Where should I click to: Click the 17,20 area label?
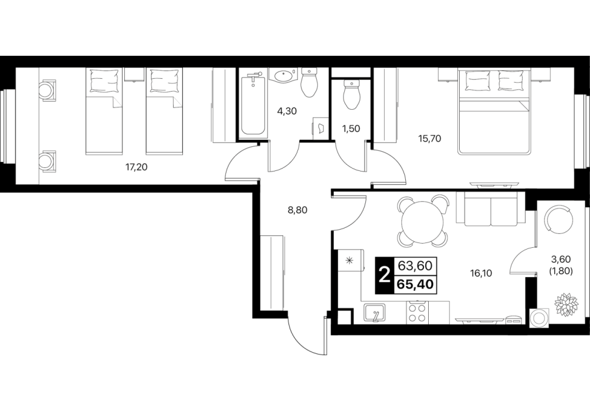click(136, 167)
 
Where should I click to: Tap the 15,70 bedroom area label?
click(430, 139)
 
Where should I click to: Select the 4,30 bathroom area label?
click(287, 111)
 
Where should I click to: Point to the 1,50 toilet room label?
click(351, 129)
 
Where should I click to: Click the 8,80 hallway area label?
click(297, 210)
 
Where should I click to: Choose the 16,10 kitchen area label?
click(482, 273)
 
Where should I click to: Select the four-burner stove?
click(417, 312)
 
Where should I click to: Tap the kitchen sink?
click(374, 313)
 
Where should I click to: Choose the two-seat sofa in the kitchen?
click(490, 208)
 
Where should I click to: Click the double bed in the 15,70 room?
click(494, 112)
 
